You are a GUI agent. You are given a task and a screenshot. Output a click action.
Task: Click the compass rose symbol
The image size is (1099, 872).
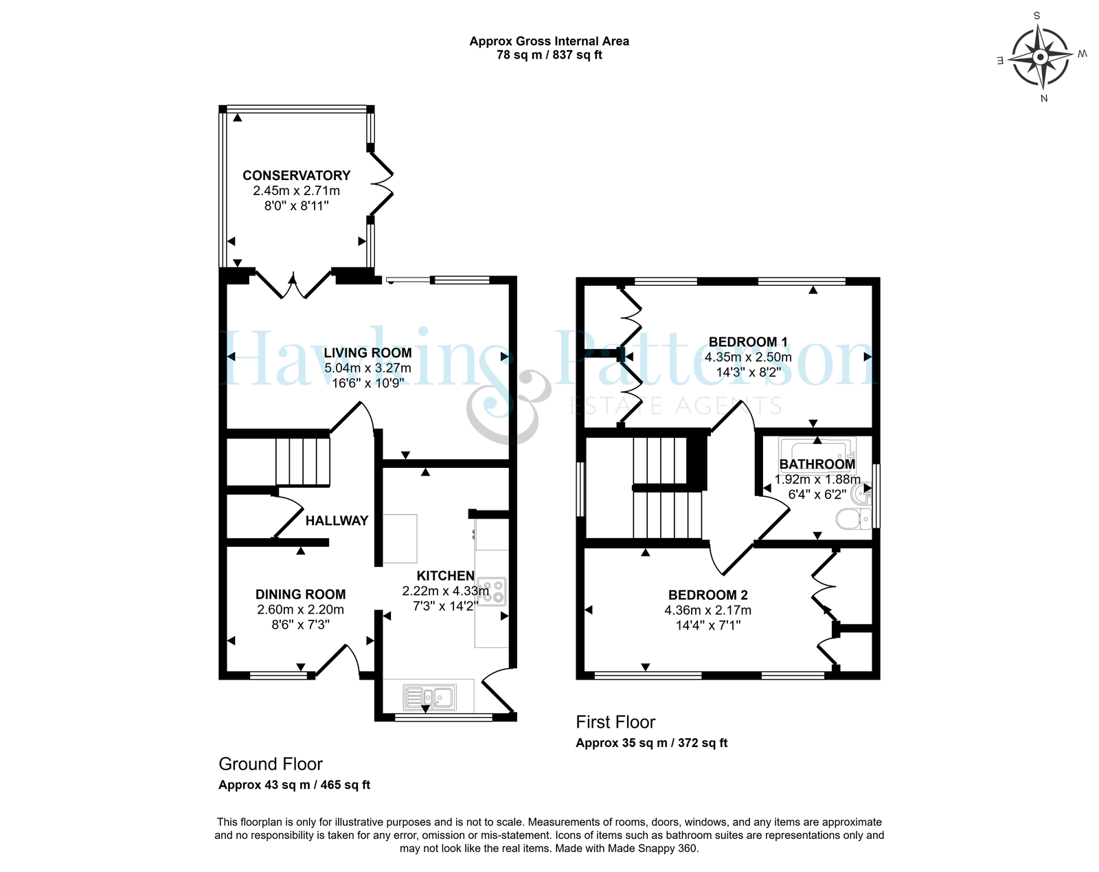click(1040, 56)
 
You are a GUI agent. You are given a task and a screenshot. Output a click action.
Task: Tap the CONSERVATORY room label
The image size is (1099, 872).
click(296, 176)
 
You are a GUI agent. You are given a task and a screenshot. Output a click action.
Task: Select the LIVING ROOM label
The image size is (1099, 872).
click(367, 353)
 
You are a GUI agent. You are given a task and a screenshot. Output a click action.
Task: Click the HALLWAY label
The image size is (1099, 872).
click(337, 521)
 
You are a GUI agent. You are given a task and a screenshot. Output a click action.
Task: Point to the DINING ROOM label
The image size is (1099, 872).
click(300, 594)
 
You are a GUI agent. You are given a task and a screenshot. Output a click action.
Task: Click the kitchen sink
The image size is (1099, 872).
click(429, 697)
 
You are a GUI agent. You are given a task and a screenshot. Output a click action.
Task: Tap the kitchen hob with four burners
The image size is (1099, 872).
click(491, 592)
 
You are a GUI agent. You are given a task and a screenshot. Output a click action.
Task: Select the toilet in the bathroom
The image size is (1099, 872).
click(854, 519)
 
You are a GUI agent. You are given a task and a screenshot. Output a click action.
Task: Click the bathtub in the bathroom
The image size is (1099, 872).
click(817, 449)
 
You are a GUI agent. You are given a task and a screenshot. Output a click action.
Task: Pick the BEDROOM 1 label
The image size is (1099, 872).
click(748, 342)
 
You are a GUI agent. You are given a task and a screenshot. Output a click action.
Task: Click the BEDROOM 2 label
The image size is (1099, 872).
click(707, 595)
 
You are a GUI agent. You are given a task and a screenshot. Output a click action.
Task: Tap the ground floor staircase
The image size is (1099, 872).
click(303, 461)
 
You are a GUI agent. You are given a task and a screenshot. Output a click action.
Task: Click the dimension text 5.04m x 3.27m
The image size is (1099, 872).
click(367, 368)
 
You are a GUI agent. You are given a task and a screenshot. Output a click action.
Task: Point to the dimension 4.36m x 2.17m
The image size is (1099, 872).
click(707, 610)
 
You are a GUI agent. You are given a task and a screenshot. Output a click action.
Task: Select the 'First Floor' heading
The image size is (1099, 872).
click(615, 722)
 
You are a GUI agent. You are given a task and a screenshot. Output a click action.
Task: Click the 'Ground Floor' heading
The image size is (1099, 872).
click(271, 763)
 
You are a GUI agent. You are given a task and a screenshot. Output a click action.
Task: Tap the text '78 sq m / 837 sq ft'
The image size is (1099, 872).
click(549, 55)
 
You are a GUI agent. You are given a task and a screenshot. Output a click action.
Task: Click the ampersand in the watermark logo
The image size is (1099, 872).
click(509, 406)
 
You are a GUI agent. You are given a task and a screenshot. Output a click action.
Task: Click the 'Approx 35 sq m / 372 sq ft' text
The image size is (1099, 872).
click(652, 743)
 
